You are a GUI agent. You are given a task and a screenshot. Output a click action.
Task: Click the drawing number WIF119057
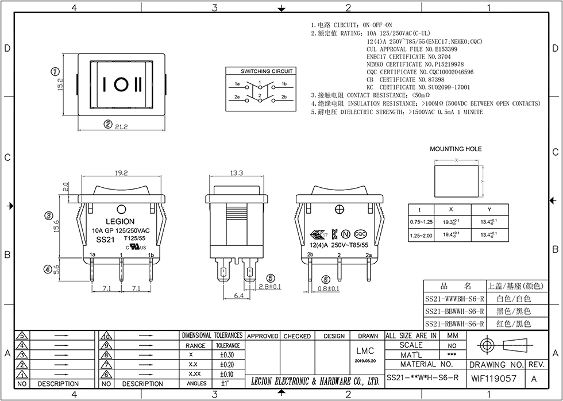pos(493,378)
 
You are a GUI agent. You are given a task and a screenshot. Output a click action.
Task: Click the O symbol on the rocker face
pos(121,83)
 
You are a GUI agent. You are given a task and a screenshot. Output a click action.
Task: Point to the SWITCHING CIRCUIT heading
pos(267,71)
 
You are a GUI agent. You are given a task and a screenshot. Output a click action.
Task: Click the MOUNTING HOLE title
pos(456,149)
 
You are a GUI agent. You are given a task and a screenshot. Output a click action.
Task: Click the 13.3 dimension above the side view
pos(236,172)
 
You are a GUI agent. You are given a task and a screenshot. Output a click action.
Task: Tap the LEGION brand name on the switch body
pos(120,221)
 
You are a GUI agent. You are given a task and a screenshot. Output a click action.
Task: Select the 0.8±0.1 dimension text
pos(328,288)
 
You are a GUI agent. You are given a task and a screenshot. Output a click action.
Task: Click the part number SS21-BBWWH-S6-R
pos(455,311)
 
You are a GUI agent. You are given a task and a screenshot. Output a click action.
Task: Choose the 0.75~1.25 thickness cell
pos(421,222)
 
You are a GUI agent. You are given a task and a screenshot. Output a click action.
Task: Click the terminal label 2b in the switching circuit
pos(284,98)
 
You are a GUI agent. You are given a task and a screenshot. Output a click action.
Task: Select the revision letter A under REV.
pos(534,378)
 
